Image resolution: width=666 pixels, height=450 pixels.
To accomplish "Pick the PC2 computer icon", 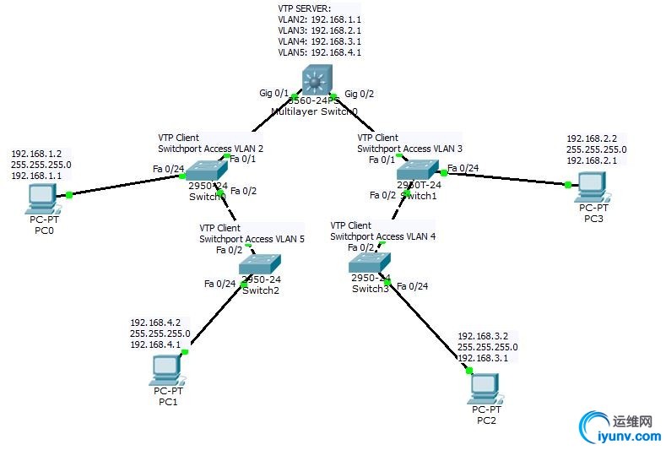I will click(485, 386).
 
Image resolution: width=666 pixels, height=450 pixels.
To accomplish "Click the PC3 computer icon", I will click(591, 183).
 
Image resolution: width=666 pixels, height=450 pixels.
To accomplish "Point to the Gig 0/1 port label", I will click(274, 93).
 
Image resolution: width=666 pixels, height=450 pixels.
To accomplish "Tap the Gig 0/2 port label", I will click(359, 93).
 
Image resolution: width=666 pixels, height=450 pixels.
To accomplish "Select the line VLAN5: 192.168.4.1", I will click(319, 52).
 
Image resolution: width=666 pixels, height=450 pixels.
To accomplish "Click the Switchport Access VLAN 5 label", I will click(252, 239).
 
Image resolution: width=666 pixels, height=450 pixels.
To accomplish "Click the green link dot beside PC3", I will click(568, 184).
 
